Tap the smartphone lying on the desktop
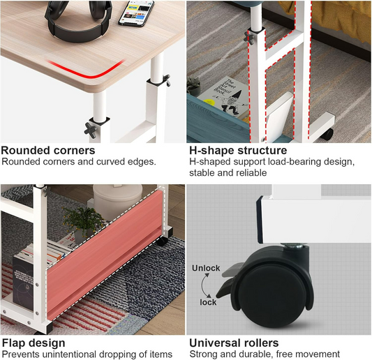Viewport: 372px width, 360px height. click(136, 13)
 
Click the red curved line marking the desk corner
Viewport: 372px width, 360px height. click(86, 70)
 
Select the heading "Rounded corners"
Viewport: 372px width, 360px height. click(48, 151)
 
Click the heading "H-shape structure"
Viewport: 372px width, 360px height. click(238, 151)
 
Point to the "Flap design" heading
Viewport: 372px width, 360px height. click(34, 343)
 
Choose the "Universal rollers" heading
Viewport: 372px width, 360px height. click(234, 343)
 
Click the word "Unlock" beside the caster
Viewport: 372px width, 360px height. click(206, 268)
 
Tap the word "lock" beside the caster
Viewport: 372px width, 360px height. click(208, 302)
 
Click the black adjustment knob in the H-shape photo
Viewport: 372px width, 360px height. click(248, 38)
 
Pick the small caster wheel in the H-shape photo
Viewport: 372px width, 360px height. click(327, 135)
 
